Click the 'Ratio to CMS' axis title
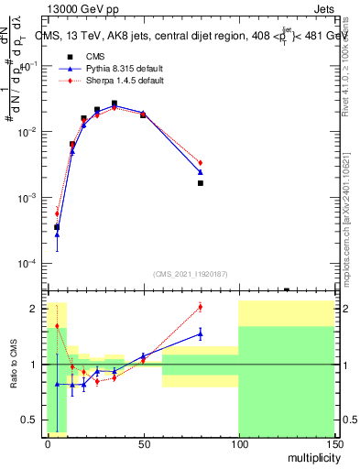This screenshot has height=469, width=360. click(x=14, y=364)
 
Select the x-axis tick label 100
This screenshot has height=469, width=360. click(x=238, y=442)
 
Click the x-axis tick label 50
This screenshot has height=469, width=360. click(x=143, y=442)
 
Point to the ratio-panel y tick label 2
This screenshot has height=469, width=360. click(x=36, y=309)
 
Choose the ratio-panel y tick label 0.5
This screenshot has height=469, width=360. click(x=33, y=420)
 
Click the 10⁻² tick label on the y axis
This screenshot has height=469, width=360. click(x=31, y=132)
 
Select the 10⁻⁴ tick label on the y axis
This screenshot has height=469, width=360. click(x=31, y=264)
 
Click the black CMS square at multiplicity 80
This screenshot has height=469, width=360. click(x=201, y=183)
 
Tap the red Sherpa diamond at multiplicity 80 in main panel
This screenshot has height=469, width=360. click(x=201, y=163)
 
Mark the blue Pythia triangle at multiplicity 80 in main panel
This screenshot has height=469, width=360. click(x=201, y=172)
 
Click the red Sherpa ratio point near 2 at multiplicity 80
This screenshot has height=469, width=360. click(x=201, y=306)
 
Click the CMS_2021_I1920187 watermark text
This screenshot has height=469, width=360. click(x=191, y=274)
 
